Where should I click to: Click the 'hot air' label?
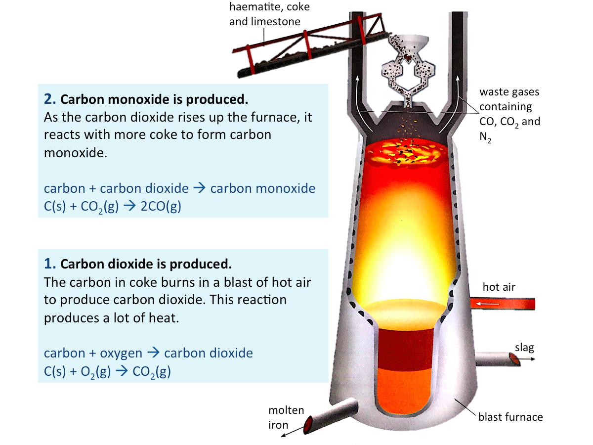[499, 287]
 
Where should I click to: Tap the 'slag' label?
[524, 348]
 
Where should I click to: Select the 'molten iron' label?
[286, 418]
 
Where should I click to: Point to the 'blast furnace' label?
[510, 417]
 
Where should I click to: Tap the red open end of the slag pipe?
[514, 359]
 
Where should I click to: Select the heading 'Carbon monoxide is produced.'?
[154, 99]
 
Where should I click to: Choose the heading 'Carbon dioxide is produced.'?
[146, 263]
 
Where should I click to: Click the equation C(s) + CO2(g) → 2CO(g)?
[113, 207]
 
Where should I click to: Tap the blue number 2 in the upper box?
[50, 99]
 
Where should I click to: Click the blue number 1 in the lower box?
[49, 263]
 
